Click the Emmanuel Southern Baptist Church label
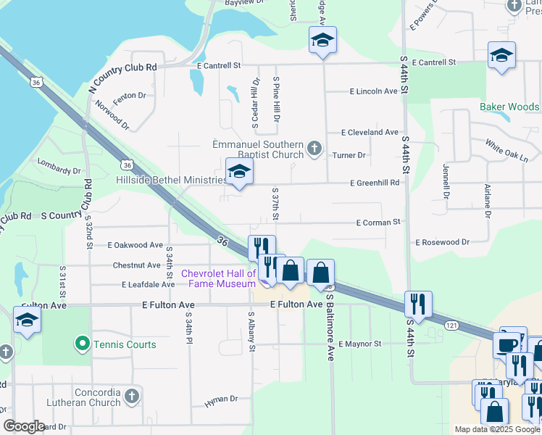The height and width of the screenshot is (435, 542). coord(257,149)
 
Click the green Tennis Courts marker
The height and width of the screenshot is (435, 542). coord(83,343)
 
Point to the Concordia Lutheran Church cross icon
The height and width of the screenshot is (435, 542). coord(131,396)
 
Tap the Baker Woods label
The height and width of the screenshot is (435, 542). coord(509,107)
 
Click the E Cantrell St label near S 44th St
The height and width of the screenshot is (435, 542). coord(428,63)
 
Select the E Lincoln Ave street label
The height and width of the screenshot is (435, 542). coord(374,92)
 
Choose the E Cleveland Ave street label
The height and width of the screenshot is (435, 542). coord(370,133)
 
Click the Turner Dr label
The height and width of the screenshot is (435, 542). coord(349,155)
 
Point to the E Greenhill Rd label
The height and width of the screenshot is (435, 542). coord(375,183)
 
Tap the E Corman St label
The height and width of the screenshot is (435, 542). coord(378,223)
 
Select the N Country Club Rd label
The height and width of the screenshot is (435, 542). coord(122,78)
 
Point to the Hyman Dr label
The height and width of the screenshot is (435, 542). coord(221,399)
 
